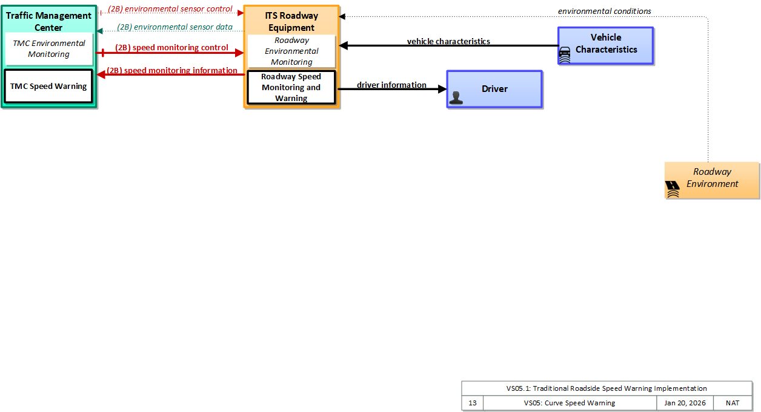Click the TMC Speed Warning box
coord(48,86)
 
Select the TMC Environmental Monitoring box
coord(49,49)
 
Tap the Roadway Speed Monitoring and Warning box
coord(291,88)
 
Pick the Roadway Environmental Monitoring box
coord(291,51)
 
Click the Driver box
coord(494,89)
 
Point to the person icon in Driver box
coord(456,98)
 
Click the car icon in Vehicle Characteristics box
coord(565,55)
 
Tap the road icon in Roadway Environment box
coord(673,189)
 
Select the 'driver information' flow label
coord(391,85)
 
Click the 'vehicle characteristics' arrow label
coord(448,41)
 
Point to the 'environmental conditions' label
coord(605,11)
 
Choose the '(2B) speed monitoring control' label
coord(171,47)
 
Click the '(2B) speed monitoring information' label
coord(172,71)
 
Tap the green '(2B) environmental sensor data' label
coord(175,27)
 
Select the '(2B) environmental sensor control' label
coord(170,9)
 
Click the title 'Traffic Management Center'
coord(48,21)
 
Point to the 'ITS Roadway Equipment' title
coord(291,21)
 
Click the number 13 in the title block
coord(473,403)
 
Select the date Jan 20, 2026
coord(685,403)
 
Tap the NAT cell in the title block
coord(733,403)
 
